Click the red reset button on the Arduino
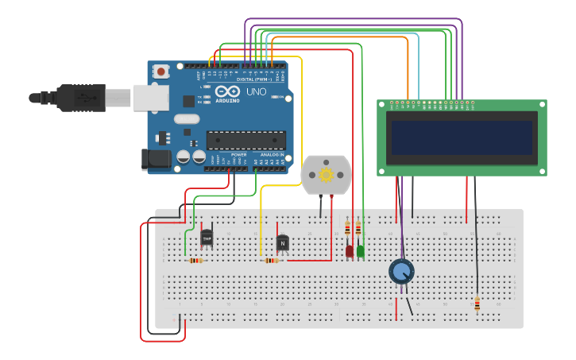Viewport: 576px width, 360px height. tap(161, 72)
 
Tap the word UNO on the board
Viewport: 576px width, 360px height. tap(256, 92)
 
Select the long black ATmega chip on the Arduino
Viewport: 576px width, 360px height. tap(245, 141)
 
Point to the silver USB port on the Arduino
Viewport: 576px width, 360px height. tap(150, 97)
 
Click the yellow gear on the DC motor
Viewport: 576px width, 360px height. tap(326, 175)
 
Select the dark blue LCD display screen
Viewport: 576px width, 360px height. tap(460, 137)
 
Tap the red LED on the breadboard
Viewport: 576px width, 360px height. tap(350, 251)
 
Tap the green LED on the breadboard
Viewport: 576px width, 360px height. tap(361, 251)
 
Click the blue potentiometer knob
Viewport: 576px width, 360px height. tap(401, 272)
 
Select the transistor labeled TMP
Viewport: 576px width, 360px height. tap(207, 237)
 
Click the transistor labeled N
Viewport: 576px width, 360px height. tap(282, 242)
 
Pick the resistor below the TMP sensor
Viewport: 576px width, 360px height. tap(195, 261)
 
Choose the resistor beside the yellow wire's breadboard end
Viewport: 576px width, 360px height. tap(272, 261)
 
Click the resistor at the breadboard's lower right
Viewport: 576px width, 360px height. tap(477, 304)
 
